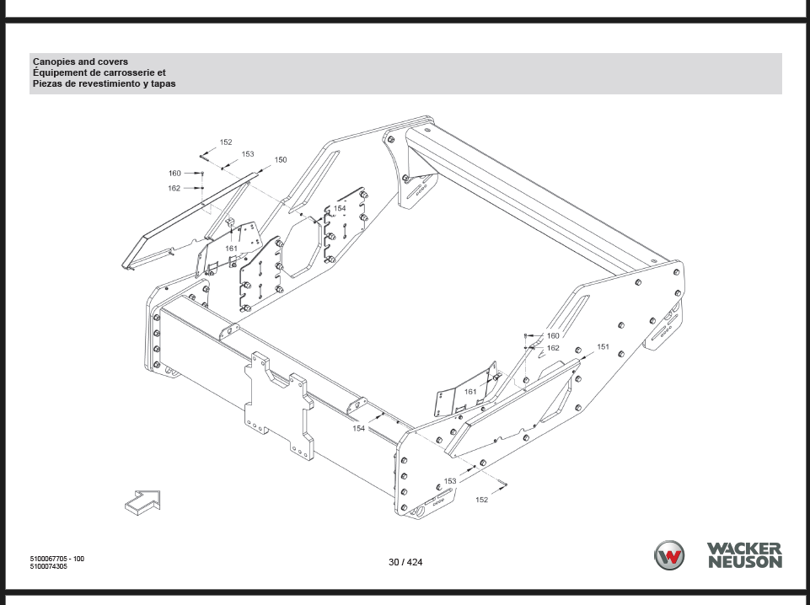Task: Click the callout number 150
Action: coord(281,160)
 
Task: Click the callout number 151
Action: coord(603,347)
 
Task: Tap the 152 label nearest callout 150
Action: coord(226,142)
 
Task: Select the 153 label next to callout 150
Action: coord(248,154)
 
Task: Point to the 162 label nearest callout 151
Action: coord(553,348)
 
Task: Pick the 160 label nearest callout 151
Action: coord(553,336)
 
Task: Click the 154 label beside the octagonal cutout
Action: coord(340,209)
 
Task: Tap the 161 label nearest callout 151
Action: coord(470,392)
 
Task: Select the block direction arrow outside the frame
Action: coord(143,503)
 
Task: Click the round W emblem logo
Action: coord(669,555)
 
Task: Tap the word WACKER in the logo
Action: coord(744,549)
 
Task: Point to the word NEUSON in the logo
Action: coord(745,562)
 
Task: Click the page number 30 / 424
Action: coord(405,562)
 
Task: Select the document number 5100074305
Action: coord(49,566)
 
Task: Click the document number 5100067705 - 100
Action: coord(56,559)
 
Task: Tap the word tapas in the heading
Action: coord(162,84)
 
